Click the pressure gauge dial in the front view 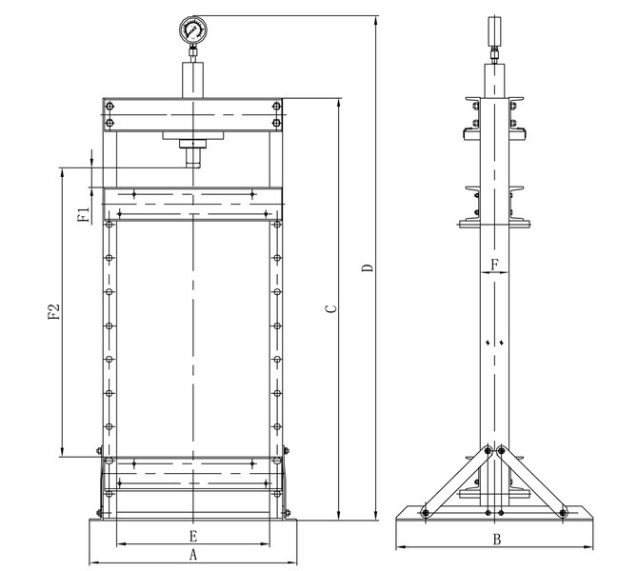(193, 30)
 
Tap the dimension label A (193, 554)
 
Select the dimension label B (497, 540)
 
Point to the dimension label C (332, 308)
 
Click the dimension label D (368, 268)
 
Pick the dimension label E (193, 536)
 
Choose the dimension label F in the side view (494, 265)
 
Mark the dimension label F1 (84, 214)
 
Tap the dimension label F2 (54, 311)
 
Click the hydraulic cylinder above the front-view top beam (193, 80)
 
